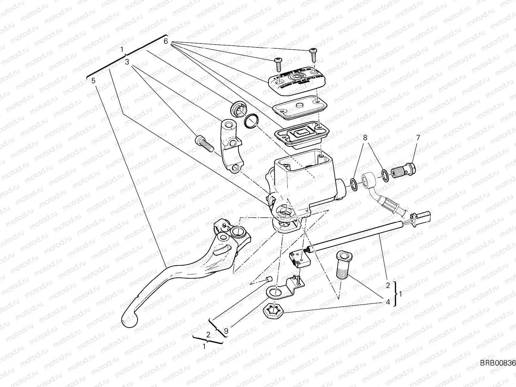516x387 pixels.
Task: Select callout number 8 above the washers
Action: [365, 138]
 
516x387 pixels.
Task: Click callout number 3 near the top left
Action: [127, 61]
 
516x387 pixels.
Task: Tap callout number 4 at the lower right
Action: [388, 302]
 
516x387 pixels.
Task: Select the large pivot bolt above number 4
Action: [343, 266]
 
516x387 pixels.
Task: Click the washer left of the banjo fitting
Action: [353, 184]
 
